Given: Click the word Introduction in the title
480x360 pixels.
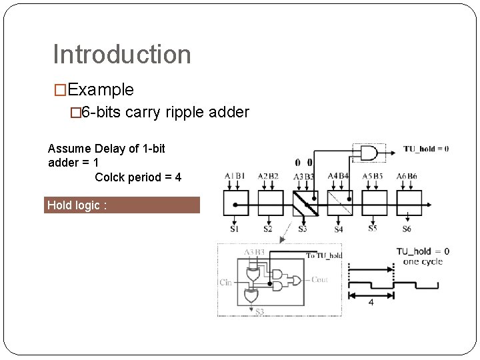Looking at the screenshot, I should click(x=121, y=55).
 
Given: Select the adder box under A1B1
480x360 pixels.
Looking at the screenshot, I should click(x=235, y=203).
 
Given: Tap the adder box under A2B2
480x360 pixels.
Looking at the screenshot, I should click(x=270, y=203).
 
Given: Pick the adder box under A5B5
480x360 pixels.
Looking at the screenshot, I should click(x=375, y=203).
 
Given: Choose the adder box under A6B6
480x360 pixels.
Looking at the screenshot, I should click(x=409, y=203).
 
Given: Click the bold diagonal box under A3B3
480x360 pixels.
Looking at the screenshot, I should click(x=305, y=203).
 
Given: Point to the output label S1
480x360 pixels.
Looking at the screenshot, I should click(x=235, y=229).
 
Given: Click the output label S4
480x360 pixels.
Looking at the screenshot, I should click(x=339, y=229).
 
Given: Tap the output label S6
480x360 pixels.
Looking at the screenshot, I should click(x=407, y=229).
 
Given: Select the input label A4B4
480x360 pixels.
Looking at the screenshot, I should click(x=339, y=177).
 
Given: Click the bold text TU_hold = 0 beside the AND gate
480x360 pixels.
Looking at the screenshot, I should click(x=425, y=149).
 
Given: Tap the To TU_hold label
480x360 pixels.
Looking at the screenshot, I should click(x=324, y=255).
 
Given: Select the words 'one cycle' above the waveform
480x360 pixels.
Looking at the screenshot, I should click(x=423, y=261).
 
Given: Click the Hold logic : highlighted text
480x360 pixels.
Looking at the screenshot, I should click(x=75, y=205).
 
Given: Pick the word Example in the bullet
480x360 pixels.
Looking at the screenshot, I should click(x=101, y=89).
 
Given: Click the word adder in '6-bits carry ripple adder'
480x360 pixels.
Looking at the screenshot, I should click(x=230, y=113).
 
